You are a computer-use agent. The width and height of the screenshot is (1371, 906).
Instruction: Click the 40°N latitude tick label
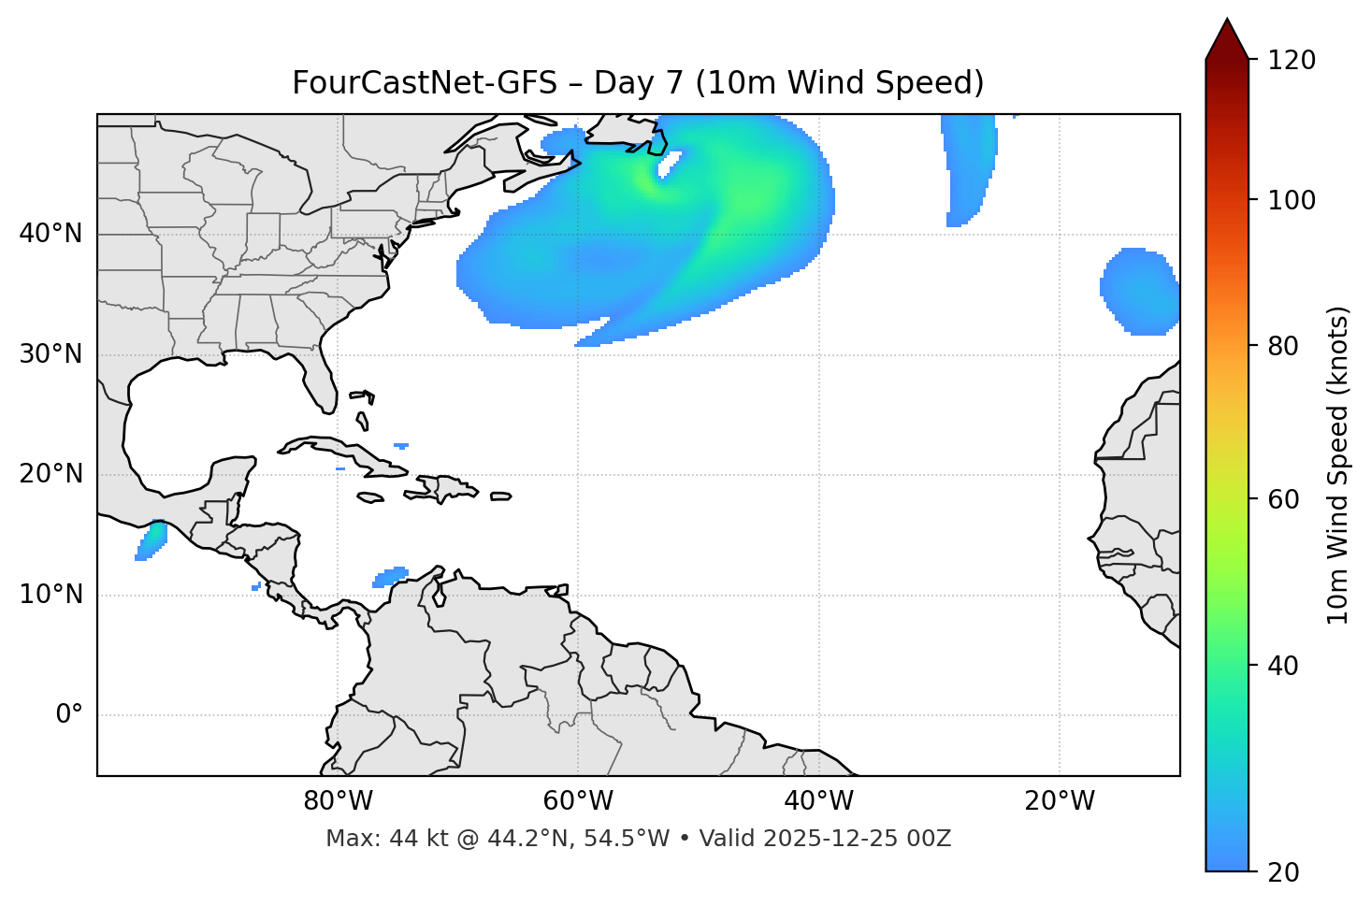coord(51,234)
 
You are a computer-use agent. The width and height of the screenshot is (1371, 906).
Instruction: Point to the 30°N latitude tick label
coord(51,354)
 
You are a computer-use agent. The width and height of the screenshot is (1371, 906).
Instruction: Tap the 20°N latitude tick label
coord(51,474)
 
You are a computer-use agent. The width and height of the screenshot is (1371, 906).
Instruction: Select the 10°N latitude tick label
coord(51,595)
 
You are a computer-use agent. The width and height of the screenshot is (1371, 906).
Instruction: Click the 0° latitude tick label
coord(69,715)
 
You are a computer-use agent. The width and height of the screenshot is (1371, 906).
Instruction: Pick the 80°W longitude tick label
coord(338,801)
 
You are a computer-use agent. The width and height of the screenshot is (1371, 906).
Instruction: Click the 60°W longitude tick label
coord(578,801)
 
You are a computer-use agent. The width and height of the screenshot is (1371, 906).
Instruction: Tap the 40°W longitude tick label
coord(818,801)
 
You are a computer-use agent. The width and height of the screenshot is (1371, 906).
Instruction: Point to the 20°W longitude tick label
coord(1060,801)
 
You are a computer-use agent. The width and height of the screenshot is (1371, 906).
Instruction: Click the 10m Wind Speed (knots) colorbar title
coord(1338,465)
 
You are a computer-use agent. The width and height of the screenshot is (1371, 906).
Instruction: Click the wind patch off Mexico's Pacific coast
coord(152,539)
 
